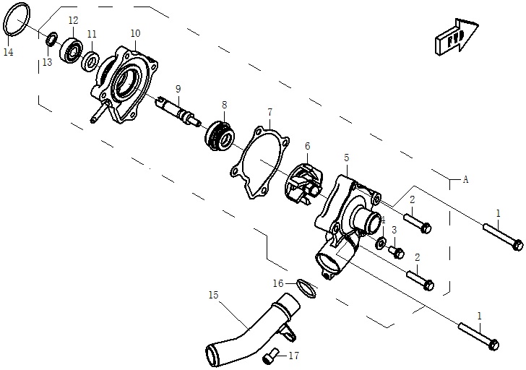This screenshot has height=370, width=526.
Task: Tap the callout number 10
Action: (x=135, y=33)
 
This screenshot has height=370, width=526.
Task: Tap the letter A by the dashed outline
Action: (x=465, y=180)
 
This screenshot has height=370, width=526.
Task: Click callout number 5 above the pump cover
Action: (x=346, y=158)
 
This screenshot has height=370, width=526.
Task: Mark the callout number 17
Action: (x=293, y=356)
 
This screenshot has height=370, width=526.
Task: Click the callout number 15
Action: (x=213, y=295)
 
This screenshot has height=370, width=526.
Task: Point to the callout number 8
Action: (x=224, y=105)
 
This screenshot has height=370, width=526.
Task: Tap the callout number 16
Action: (x=278, y=283)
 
